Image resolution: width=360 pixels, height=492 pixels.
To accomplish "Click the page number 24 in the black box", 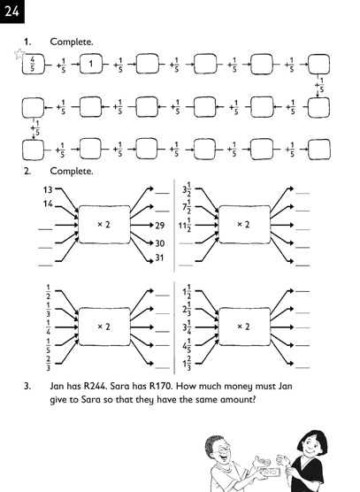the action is tap(11, 12).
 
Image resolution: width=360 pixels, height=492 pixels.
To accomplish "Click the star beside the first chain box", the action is tap(19, 54).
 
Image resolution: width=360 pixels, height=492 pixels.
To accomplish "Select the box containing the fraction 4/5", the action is tap(33, 64).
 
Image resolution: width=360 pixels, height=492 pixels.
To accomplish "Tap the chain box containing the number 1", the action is tap(91, 64).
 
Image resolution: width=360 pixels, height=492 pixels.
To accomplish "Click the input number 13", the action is tap(48, 189).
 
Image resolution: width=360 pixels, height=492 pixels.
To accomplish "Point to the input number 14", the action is tap(48, 204).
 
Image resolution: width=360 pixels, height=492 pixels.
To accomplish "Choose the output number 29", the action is tap(159, 226).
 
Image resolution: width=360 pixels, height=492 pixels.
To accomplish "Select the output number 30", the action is tap(159, 243).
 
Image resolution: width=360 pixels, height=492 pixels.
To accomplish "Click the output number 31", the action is tap(159, 258).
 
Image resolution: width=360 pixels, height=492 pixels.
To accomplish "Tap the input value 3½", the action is tap(187, 189).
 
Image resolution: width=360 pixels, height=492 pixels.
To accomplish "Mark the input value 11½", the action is tap(185, 225).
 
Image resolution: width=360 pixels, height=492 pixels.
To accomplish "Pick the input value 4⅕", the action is tap(187, 345).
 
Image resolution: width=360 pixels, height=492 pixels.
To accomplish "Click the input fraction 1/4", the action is tap(49, 327).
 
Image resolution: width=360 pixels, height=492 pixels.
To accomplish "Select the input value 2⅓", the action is tap(187, 309).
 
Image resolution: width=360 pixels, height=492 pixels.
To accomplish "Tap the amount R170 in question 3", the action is tap(161, 386).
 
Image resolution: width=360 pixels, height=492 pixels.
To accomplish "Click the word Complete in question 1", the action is tap(72, 42).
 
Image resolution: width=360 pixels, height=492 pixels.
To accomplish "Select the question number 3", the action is tap(27, 386).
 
